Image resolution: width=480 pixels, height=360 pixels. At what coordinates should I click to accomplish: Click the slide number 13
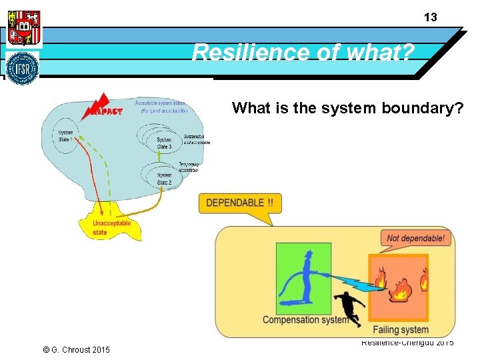pos(431,18)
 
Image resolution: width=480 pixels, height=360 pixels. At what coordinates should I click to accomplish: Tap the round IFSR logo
pos(23,68)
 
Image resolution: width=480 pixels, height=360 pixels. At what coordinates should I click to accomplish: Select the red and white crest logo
pos(23,27)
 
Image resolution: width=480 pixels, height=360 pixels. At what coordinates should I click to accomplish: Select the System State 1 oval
pos(66,138)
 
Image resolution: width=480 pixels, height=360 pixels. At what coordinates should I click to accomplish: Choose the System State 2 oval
pos(164,178)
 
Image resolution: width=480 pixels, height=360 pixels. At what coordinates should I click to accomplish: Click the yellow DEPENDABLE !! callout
pos(239,203)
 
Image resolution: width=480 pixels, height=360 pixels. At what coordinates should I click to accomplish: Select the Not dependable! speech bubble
pos(415,238)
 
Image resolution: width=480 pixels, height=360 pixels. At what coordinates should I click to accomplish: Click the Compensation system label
pos(305,319)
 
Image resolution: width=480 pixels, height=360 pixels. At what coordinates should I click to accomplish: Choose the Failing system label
pos(400,329)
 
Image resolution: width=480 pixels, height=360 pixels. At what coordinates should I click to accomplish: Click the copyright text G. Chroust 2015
pos(75,350)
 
